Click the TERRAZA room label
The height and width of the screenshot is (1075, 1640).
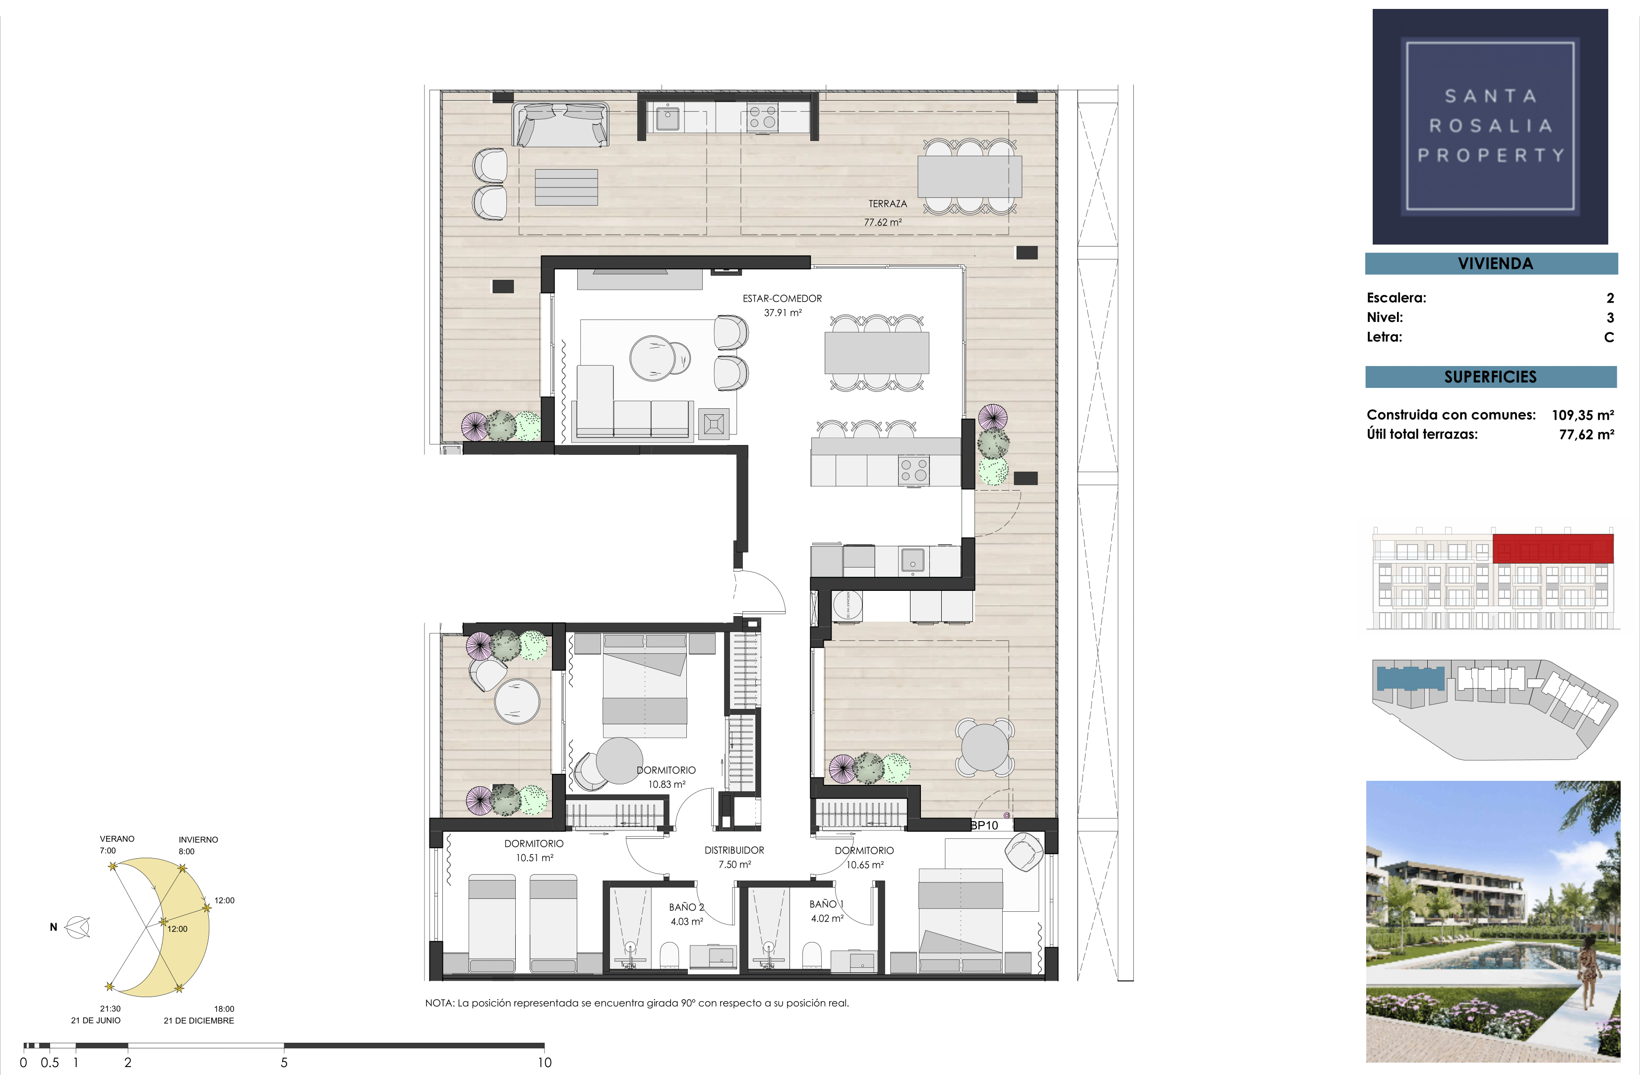(x=888, y=204)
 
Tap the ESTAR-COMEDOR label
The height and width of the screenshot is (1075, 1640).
(x=782, y=298)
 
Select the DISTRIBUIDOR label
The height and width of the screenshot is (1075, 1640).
(x=734, y=850)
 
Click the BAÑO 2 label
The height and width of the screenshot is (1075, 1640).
(x=686, y=907)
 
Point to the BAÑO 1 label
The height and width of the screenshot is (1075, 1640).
(x=827, y=904)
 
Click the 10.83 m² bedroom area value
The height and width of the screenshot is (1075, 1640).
(x=667, y=784)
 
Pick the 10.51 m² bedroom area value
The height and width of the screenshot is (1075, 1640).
(x=535, y=858)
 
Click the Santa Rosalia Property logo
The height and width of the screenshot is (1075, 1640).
(x=1490, y=126)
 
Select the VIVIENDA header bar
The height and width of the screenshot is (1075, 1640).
(x=1491, y=264)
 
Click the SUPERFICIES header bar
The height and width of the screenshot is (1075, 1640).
(x=1491, y=377)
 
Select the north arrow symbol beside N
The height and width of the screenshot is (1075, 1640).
(x=78, y=928)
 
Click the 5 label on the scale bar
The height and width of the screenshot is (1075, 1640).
(x=284, y=1063)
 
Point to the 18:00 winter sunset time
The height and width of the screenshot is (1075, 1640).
(x=224, y=1009)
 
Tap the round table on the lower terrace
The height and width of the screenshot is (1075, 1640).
(x=985, y=747)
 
